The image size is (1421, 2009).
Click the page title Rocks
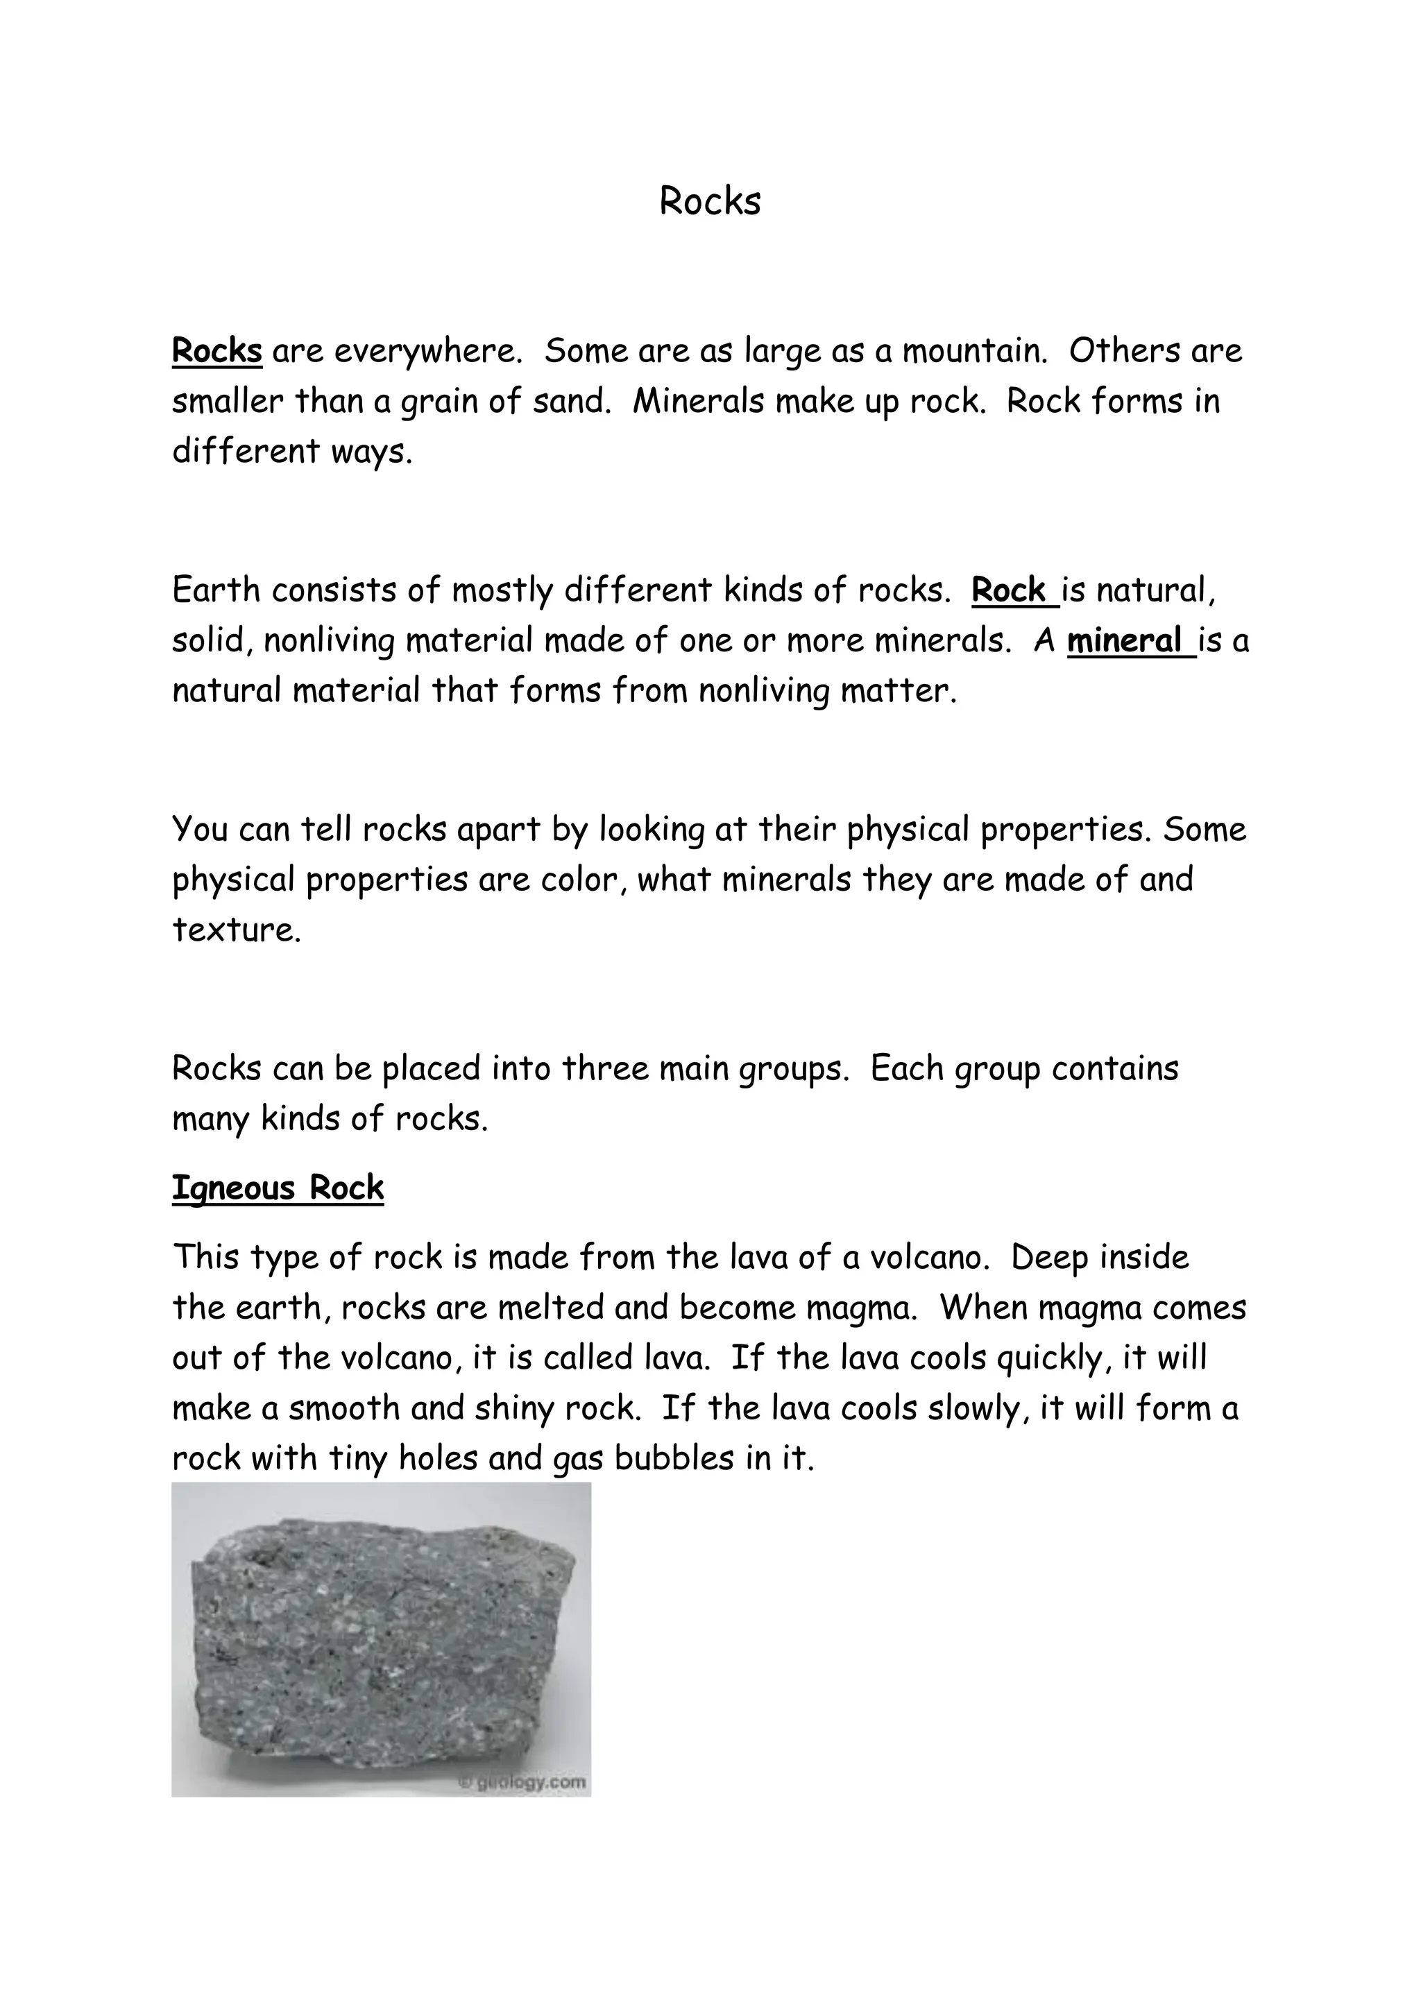point(710,201)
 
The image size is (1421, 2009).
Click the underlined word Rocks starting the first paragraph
point(217,351)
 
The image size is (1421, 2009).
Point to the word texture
point(235,930)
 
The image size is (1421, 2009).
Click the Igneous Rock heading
point(278,1188)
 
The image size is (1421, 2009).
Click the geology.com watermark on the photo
point(525,1781)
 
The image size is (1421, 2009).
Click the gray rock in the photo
point(376,1645)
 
